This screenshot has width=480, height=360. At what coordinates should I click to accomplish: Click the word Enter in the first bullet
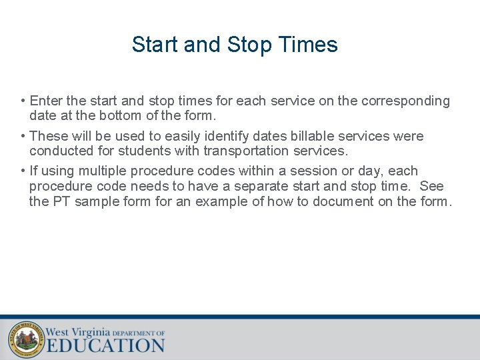click(46, 101)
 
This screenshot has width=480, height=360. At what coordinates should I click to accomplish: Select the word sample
click(96, 201)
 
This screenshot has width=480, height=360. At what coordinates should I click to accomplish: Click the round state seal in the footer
click(26, 339)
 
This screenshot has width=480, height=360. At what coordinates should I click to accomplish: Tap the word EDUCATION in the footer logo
click(105, 345)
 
